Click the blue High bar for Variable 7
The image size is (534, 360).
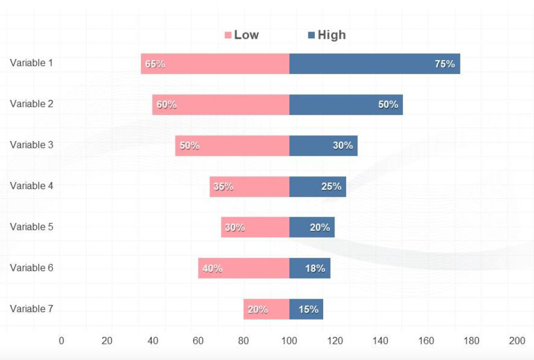[x=306, y=309]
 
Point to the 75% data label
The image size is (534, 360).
[x=445, y=64]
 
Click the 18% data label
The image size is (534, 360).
[x=315, y=268]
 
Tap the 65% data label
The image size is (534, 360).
[x=155, y=64]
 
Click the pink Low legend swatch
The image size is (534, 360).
[x=228, y=35]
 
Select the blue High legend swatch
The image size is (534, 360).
[x=311, y=35]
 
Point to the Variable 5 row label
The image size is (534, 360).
[x=31, y=227]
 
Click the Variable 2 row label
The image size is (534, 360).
[x=31, y=104]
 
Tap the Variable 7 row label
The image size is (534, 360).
[x=31, y=309]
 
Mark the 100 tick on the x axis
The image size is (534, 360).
[x=289, y=340]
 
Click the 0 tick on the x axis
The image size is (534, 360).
[x=61, y=340]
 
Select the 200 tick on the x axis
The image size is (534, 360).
[x=517, y=340]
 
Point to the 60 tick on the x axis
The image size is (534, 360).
[x=198, y=340]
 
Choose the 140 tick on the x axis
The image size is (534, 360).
[x=380, y=340]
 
